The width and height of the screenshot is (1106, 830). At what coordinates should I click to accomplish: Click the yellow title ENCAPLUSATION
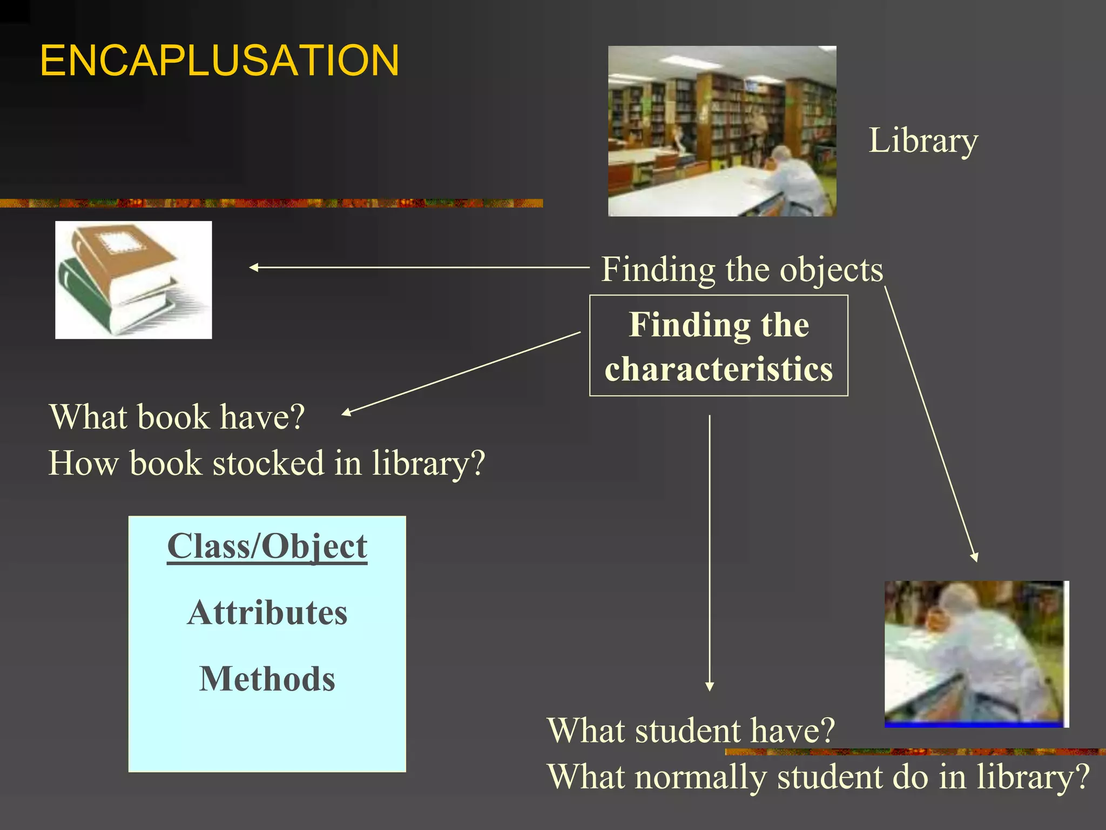(x=219, y=61)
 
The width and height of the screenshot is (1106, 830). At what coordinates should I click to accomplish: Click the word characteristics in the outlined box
(x=718, y=370)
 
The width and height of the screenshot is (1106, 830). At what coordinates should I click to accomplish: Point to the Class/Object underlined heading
(x=267, y=546)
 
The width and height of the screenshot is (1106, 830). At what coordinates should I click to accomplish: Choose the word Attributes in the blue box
(x=267, y=613)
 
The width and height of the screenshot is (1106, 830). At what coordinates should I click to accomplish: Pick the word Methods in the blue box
(x=267, y=679)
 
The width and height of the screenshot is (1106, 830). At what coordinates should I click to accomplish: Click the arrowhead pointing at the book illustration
(x=253, y=267)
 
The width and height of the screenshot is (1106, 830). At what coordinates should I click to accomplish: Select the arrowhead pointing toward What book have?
(x=346, y=413)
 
